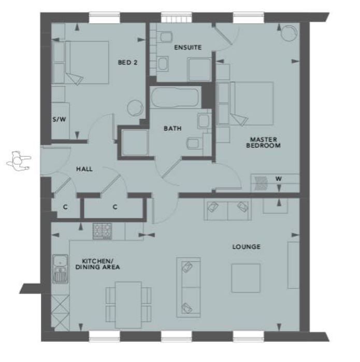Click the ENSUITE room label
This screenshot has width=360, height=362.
pyautogui.click(x=188, y=48)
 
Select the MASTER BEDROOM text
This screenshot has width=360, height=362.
pyautogui.click(x=265, y=143)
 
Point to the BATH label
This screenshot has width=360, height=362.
pyautogui.click(x=172, y=128)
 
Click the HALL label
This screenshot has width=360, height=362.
pyautogui.click(x=84, y=169)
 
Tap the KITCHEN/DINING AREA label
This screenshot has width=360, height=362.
pyautogui.click(x=101, y=264)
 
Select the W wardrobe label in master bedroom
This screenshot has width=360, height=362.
pyautogui.click(x=279, y=179)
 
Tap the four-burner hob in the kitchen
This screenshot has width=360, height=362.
pyautogui.click(x=102, y=230)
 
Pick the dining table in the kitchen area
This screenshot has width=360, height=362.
pyautogui.click(x=128, y=304)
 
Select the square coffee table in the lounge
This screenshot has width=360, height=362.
pyautogui.click(x=246, y=278)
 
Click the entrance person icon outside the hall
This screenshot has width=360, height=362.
pyautogui.click(x=18, y=161)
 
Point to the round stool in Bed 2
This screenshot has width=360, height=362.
pyautogui.click(x=135, y=107)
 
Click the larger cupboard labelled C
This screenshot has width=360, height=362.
pyautogui.click(x=114, y=207)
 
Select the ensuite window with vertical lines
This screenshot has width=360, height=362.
pyautogui.click(x=175, y=17)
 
